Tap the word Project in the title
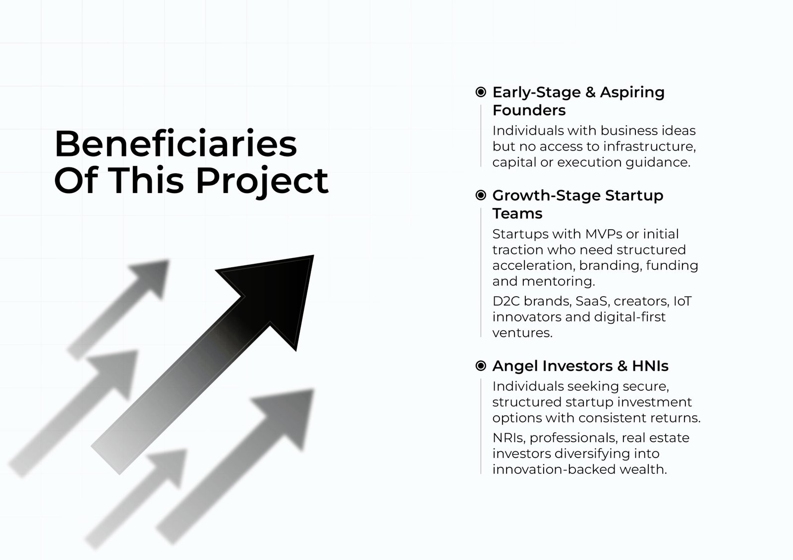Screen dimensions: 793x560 [262, 181]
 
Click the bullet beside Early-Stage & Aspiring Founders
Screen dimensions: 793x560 [481, 92]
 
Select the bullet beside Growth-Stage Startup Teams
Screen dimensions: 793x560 [481, 195]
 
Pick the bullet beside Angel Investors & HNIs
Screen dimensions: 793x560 [481, 365]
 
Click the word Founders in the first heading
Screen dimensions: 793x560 [529, 110]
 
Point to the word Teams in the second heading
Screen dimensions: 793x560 [517, 214]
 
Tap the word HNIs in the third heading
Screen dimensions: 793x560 [650, 366]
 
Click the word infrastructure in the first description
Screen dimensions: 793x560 [650, 146]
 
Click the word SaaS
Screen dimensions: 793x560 [592, 301]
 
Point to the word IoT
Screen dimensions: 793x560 [682, 301]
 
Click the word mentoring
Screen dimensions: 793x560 [558, 281]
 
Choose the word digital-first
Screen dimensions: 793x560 [630, 316]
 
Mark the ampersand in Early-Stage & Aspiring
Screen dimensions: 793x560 [590, 92]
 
